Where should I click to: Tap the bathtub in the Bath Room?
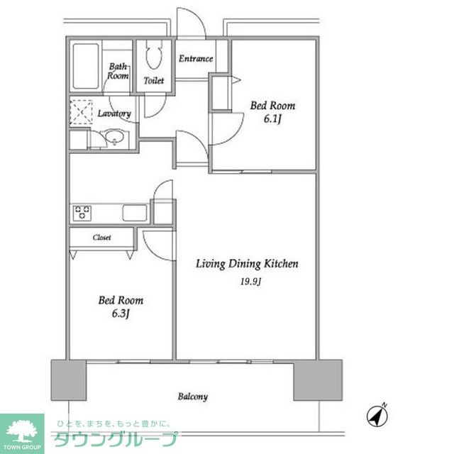click(x=86, y=66)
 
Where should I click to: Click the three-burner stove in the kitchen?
click(x=82, y=213)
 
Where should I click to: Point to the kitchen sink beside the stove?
click(x=135, y=213)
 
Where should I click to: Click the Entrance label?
click(x=196, y=59)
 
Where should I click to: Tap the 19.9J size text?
click(x=250, y=282)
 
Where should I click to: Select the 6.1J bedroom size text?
click(x=272, y=118)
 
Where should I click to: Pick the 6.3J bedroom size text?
click(x=121, y=314)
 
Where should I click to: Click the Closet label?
click(x=102, y=238)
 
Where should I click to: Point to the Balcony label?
click(x=193, y=397)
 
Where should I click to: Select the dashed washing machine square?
click(x=81, y=112)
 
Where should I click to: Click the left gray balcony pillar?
click(x=69, y=380)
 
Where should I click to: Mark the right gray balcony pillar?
click(x=318, y=380)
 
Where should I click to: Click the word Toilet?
click(x=154, y=80)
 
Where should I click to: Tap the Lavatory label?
click(x=114, y=113)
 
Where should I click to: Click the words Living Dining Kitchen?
click(x=247, y=264)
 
